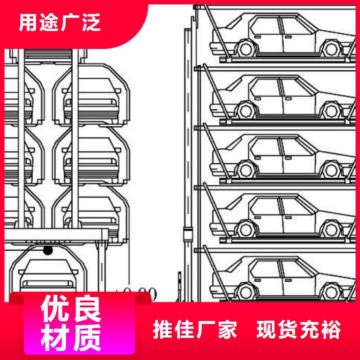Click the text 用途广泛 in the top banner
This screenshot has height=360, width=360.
point(59,23)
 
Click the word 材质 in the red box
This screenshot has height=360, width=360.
point(71,338)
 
